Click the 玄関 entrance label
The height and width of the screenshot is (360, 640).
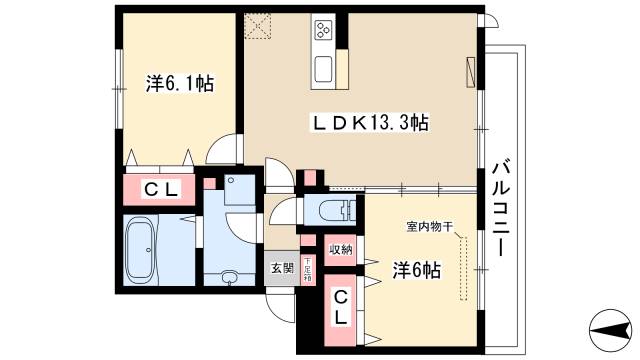[282, 267]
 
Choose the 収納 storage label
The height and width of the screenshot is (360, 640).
[340, 250]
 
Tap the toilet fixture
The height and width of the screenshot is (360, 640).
[335, 211]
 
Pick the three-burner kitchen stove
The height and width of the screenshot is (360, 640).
[325, 30]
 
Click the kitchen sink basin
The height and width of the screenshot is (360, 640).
[326, 69]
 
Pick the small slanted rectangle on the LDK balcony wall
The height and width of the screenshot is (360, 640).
[471, 73]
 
